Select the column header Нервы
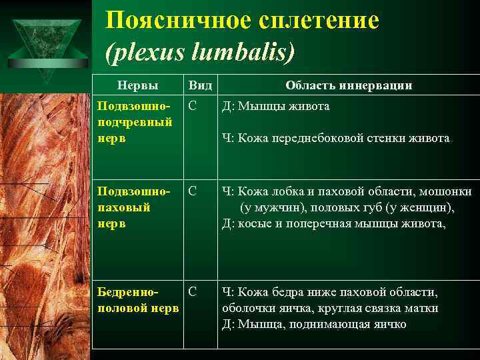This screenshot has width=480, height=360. coord(137,85)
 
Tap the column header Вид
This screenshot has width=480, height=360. coord(200,85)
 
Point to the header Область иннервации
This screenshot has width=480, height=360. coord(349,85)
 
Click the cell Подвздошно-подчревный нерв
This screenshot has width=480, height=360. coord(135,122)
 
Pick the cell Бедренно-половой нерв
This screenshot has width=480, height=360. coord(137,300)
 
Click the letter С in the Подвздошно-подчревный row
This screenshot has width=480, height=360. coord(192,105)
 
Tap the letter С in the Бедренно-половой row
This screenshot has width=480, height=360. coord(192,291)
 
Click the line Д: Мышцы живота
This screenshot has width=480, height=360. coord(275,106)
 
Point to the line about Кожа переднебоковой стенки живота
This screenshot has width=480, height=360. coord(335,139)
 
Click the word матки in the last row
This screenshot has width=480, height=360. coord(423,308)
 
